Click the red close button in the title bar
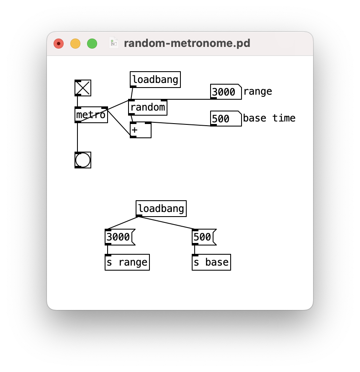59,44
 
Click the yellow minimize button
75,44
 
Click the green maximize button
92,44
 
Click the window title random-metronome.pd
187,44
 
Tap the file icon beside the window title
114,43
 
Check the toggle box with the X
83,88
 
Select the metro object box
91,115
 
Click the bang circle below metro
83,160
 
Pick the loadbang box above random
155,80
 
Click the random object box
147,108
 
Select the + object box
140,130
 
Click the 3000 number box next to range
225,92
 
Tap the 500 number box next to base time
225,119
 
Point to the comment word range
257,91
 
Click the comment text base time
269,118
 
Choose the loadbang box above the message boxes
161,209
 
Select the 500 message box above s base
203,237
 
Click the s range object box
127,262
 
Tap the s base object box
211,262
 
